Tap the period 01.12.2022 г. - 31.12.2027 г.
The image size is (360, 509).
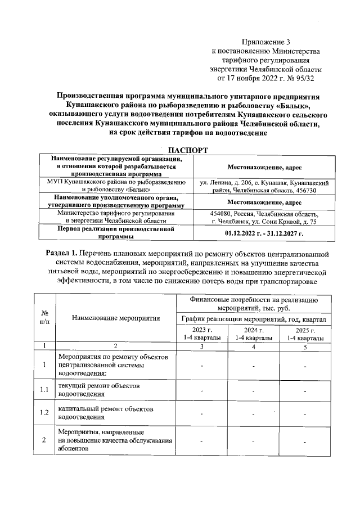click(x=264, y=232)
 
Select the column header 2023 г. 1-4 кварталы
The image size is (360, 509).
click(x=201, y=334)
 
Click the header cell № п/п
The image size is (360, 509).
click(x=44, y=317)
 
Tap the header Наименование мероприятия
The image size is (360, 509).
click(x=116, y=318)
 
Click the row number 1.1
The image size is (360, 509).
click(x=44, y=390)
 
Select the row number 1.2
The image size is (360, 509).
click(x=44, y=413)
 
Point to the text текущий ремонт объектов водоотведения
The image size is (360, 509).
click(x=98, y=390)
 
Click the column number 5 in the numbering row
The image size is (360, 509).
click(x=305, y=346)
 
